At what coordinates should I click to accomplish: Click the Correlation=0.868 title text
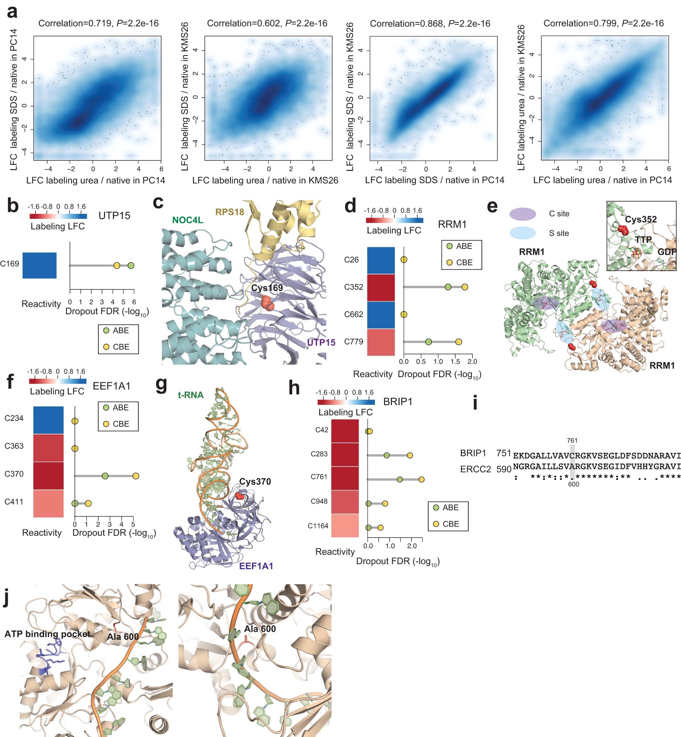(x=430, y=24)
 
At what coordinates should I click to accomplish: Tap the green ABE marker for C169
(x=131, y=265)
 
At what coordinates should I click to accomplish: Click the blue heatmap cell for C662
(x=381, y=314)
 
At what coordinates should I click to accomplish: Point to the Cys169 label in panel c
(x=267, y=288)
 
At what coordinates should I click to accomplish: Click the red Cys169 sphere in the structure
(x=267, y=303)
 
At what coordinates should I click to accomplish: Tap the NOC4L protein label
(x=187, y=220)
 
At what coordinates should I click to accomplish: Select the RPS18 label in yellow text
(x=230, y=212)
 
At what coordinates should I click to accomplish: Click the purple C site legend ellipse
(x=522, y=214)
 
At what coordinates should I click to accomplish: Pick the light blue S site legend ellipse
(x=522, y=233)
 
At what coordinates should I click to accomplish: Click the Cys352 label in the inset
(x=640, y=219)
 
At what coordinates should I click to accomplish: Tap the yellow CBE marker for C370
(x=136, y=476)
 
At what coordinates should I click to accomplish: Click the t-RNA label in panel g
(x=191, y=395)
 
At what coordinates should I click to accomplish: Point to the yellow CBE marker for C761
(x=421, y=479)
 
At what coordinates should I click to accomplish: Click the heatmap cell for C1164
(x=345, y=526)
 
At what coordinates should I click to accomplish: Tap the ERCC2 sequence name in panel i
(x=475, y=469)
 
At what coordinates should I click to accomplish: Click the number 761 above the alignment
(x=572, y=440)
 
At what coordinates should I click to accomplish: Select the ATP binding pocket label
(x=47, y=634)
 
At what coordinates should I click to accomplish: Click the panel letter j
(x=6, y=598)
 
